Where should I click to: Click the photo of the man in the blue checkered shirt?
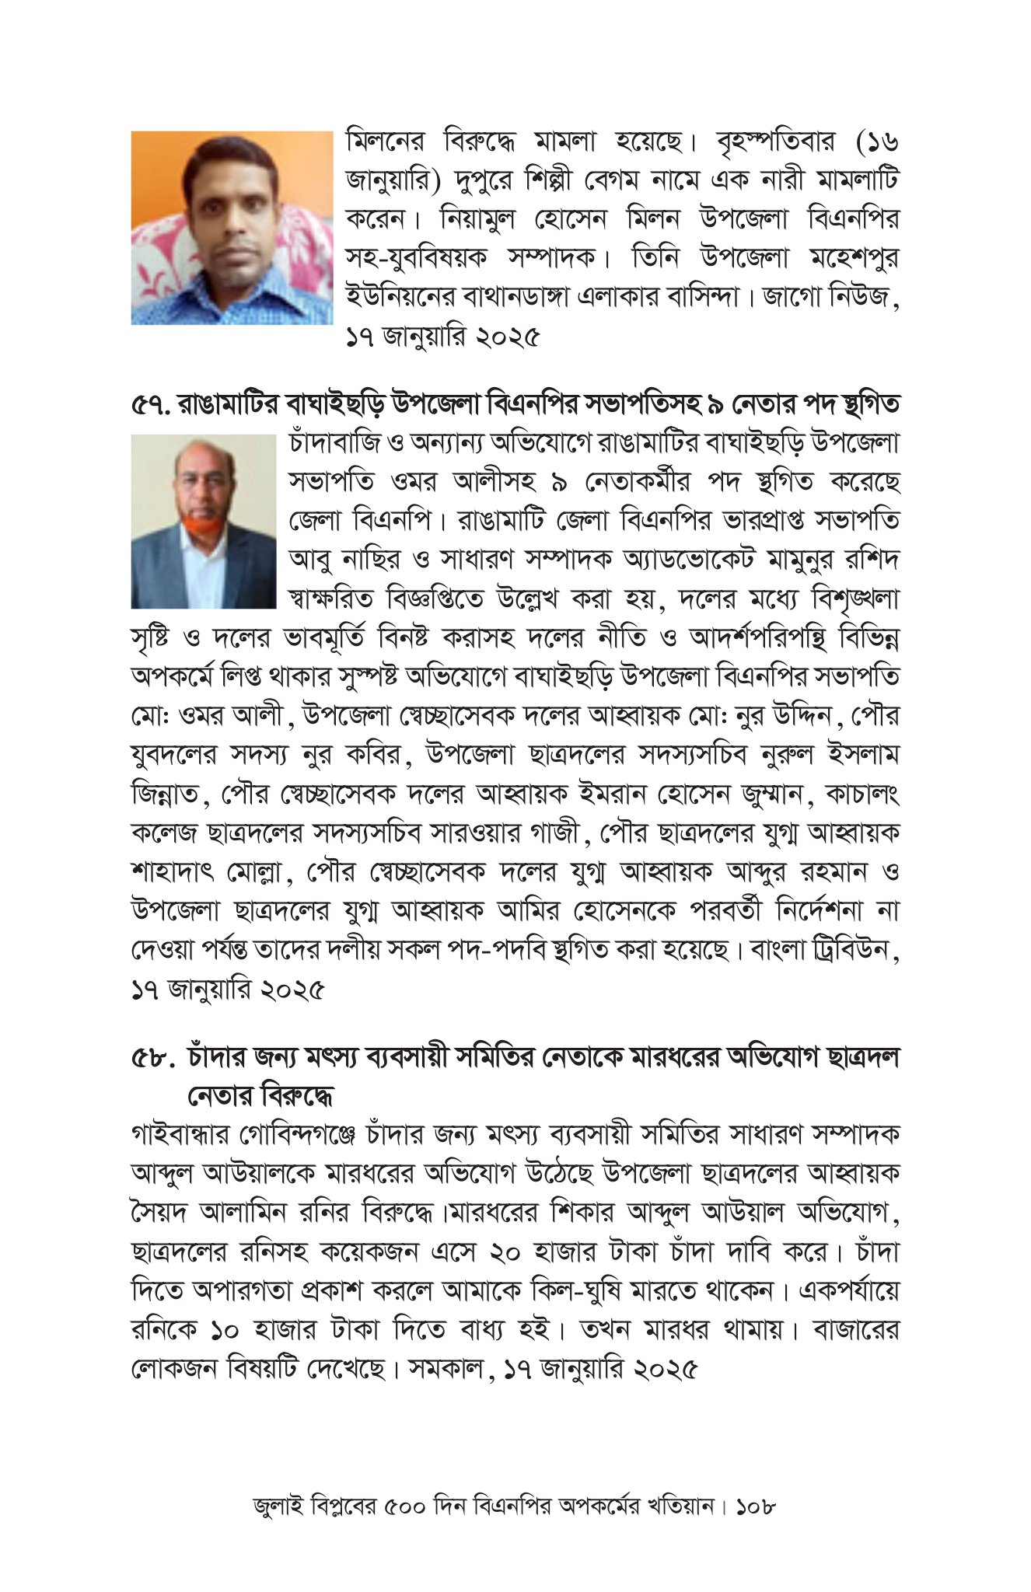click(x=231, y=228)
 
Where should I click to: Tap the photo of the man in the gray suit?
click(x=203, y=522)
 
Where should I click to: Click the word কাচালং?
click(x=862, y=794)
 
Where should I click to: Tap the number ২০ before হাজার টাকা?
click(x=512, y=1252)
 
